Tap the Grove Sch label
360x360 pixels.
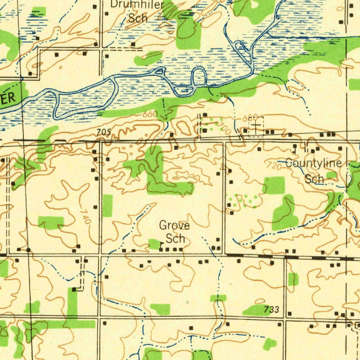175,232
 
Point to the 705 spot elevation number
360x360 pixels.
104,132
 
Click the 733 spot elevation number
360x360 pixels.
272,309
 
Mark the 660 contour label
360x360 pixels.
150,115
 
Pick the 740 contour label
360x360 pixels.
85,217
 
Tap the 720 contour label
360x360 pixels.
274,166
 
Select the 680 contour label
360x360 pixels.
251,118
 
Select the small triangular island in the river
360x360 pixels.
160,71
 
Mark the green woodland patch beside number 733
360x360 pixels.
255,310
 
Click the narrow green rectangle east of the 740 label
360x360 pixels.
107,206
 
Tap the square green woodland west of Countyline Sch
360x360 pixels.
273,185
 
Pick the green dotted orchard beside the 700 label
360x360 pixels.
211,126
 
